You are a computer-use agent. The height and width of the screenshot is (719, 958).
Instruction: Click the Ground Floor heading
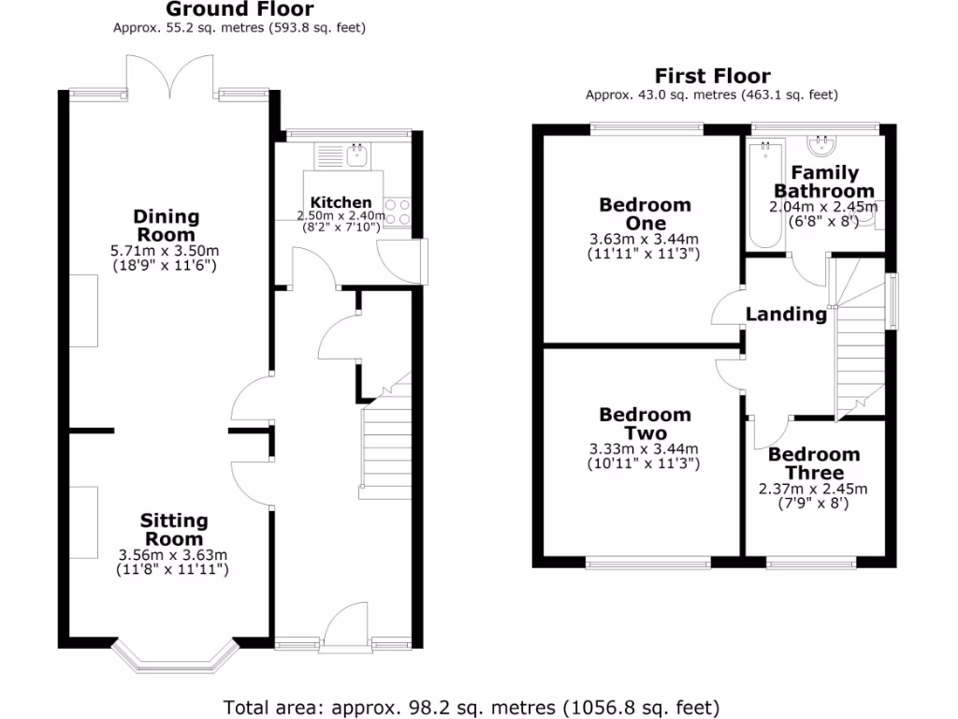click(239, 9)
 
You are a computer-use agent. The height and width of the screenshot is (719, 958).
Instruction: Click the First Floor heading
click(712, 76)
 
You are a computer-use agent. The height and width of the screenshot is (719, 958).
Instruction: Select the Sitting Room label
click(174, 530)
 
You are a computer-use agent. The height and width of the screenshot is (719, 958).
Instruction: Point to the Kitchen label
click(341, 202)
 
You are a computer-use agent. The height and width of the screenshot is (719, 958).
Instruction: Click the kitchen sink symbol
click(356, 154)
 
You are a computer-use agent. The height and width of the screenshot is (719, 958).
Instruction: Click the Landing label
click(786, 315)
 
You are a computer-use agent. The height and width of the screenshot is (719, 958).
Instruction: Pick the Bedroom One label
click(646, 213)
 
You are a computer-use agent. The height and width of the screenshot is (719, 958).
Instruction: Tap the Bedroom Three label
click(813, 463)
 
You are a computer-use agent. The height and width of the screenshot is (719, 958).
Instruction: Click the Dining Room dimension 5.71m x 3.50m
click(167, 251)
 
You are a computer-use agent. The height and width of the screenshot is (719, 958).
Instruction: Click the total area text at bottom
click(472, 706)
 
